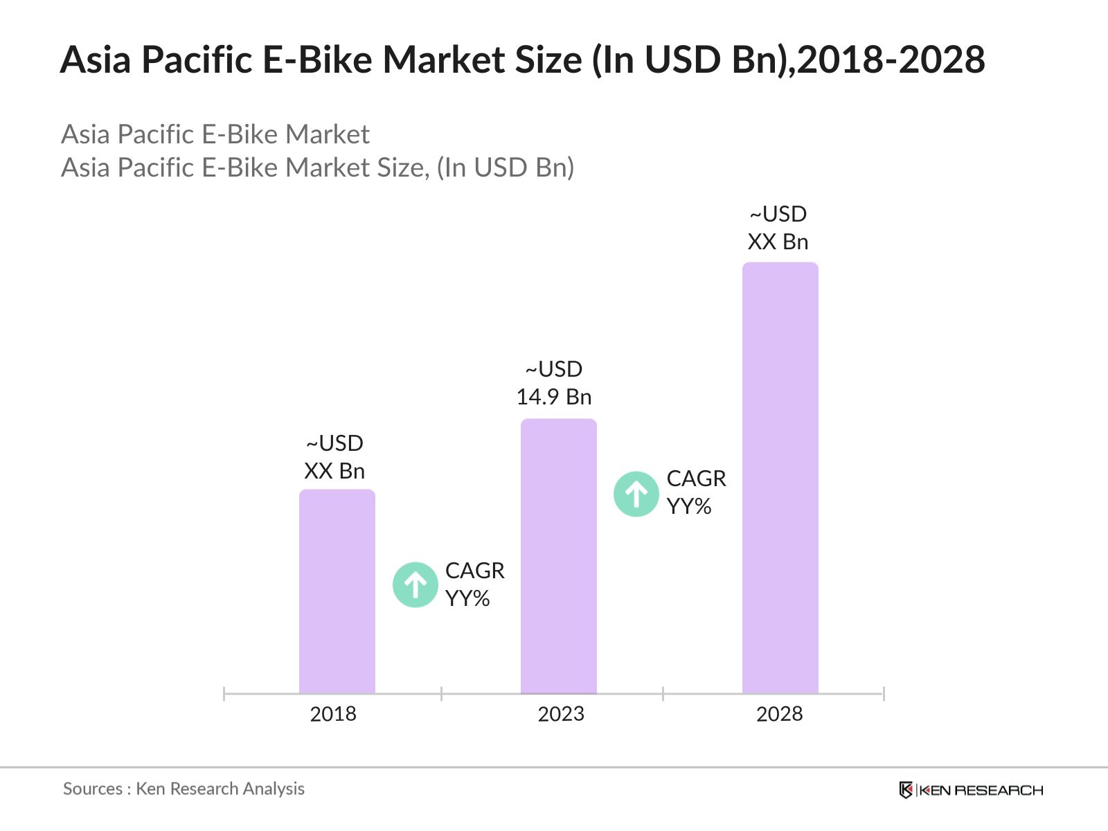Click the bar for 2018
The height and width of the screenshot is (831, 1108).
coord(337,591)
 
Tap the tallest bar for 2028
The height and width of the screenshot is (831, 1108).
coord(780,478)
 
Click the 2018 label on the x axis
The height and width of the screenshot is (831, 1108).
coord(332,714)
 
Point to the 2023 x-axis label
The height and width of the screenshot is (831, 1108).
coord(561,714)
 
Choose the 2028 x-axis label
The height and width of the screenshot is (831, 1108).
coord(779,714)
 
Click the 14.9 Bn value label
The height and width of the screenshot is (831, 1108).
coord(554,397)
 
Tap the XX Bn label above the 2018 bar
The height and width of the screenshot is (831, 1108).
coord(334,471)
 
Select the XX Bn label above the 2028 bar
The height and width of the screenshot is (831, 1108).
coord(778,242)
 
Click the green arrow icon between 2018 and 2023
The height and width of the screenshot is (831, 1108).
coord(415,585)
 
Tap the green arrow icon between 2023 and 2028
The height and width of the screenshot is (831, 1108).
coord(636,494)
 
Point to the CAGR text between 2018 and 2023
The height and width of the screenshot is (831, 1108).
coord(474,571)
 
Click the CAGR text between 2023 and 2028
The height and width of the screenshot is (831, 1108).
coord(696,479)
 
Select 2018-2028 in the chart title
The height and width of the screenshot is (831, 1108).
coord(891,60)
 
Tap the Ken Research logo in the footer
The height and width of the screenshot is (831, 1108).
coord(971,790)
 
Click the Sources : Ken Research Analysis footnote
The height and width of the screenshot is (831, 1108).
coord(184,789)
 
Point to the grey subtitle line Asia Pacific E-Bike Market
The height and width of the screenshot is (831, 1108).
coord(215,134)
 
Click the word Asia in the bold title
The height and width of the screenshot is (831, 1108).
coord(96,60)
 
